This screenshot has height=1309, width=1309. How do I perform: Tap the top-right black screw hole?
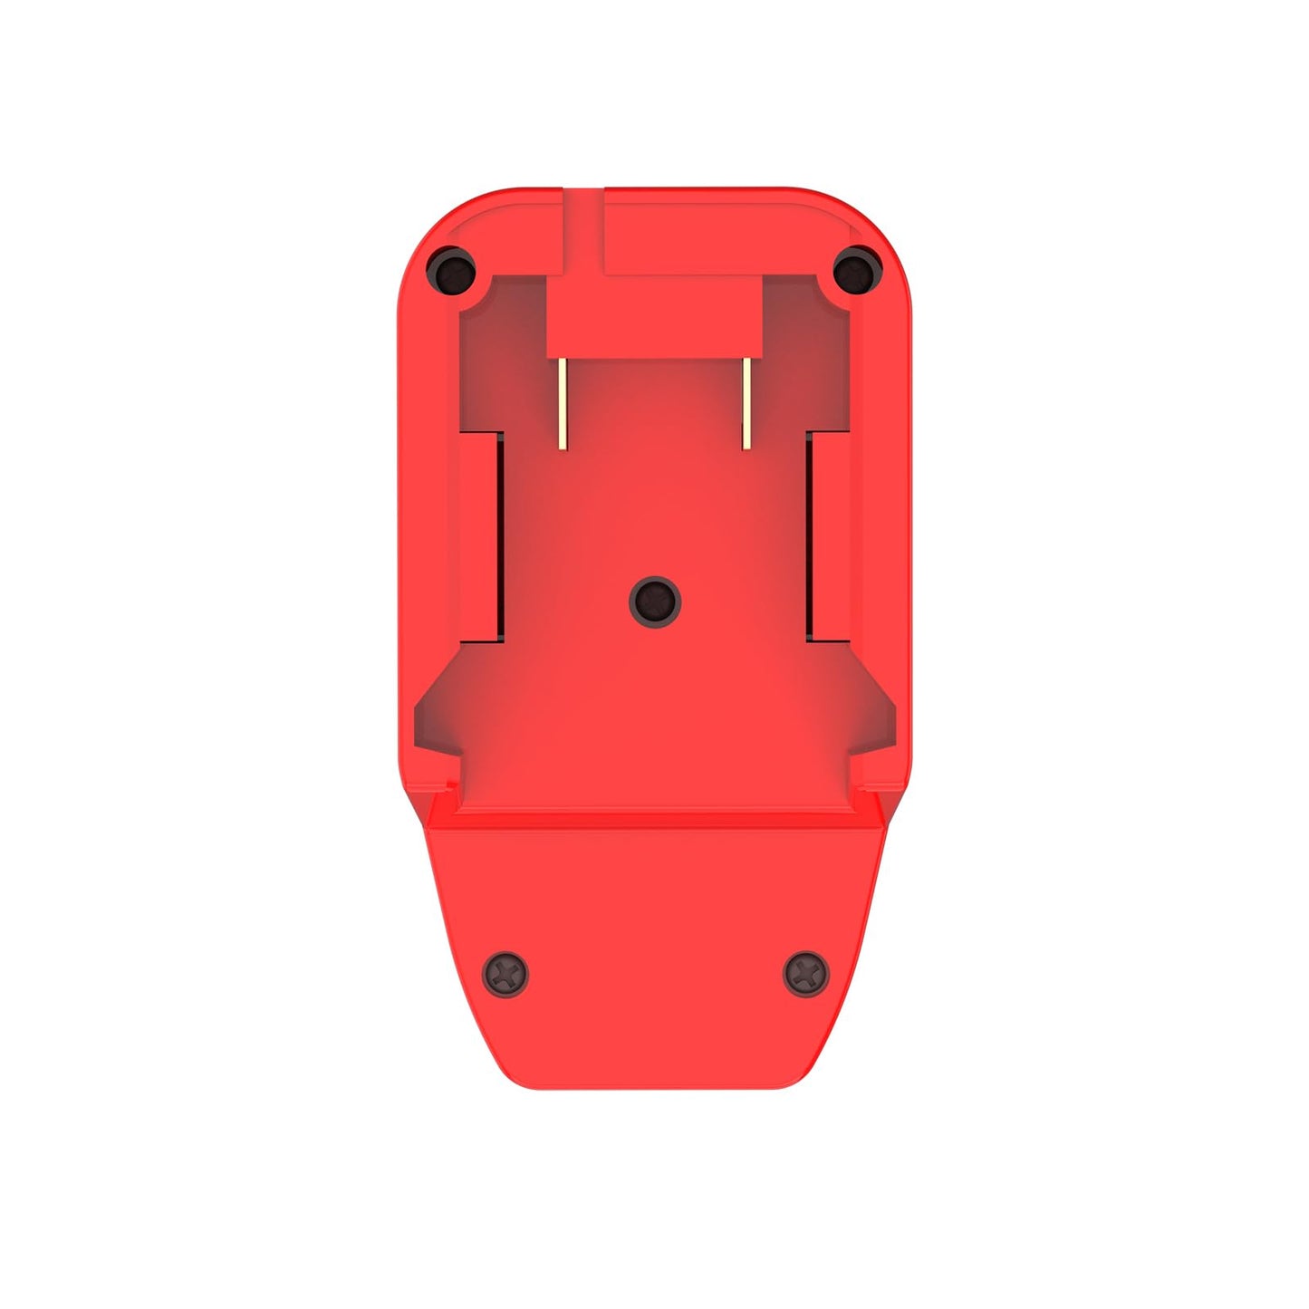tap(856, 269)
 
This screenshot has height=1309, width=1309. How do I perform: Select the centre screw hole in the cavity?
tap(655, 600)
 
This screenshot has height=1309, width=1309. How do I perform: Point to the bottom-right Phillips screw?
tap(805, 973)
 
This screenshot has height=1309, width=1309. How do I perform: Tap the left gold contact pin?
tap(563, 404)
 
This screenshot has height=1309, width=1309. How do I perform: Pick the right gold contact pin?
tap(746, 404)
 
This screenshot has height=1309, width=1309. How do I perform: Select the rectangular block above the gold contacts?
tap(654, 317)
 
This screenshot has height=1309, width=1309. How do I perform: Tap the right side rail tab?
tap(830, 536)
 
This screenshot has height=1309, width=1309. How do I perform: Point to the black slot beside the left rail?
tap(498, 536)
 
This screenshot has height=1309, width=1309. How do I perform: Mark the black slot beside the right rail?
tap(810, 536)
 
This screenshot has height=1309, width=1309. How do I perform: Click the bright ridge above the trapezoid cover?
tap(655, 818)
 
